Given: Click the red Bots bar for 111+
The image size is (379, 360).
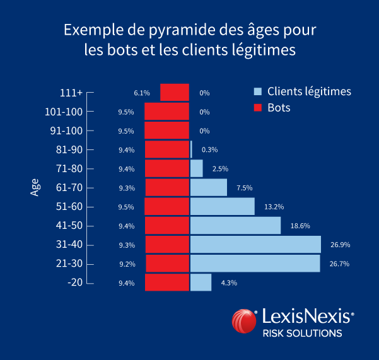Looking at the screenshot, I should (175, 92).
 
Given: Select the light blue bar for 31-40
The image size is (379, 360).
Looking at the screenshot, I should (255, 245).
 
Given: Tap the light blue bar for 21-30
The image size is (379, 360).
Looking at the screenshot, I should (255, 264).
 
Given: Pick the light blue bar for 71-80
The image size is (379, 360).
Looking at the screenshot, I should (196, 168).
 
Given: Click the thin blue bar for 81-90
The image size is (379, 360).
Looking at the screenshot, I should (191, 149).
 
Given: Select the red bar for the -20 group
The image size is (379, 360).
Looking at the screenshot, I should (167, 282).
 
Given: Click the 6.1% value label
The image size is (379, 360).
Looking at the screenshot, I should (142, 93).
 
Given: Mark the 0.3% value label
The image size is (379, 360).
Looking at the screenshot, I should (209, 150).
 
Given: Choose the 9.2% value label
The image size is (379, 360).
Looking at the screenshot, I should (126, 264).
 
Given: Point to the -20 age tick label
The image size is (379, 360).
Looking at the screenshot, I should (76, 282).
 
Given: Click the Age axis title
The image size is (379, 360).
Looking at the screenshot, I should (35, 187).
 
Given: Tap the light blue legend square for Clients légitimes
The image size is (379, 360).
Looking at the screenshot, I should (257, 91).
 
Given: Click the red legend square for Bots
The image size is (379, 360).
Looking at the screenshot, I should (257, 108).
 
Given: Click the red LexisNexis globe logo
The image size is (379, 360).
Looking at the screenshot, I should (243, 320).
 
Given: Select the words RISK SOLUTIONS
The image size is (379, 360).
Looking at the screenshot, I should (302, 333).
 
